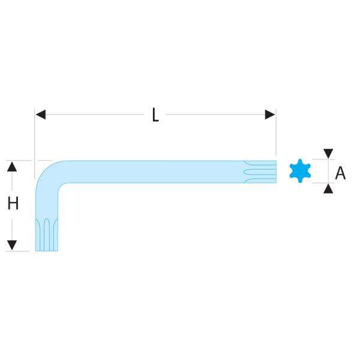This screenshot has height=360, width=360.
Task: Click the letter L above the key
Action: (x=155, y=115)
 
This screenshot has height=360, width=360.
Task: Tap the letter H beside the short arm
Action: (x=13, y=204)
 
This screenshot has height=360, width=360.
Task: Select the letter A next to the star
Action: (x=340, y=173)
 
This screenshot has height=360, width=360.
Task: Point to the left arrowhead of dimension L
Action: (x=40, y=114)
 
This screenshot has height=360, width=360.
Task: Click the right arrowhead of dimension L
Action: (x=270, y=114)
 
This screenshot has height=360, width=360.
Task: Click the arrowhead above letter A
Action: (x=328, y=153)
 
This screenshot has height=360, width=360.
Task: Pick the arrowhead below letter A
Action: (x=328, y=189)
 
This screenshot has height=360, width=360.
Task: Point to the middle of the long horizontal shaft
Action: (x=150, y=171)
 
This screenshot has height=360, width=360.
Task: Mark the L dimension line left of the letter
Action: (x=90, y=114)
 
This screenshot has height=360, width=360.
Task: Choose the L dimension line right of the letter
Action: (x=216, y=114)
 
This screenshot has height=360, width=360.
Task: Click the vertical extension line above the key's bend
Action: (x=35, y=138)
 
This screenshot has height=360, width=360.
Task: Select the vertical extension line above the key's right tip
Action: (x=275, y=135)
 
